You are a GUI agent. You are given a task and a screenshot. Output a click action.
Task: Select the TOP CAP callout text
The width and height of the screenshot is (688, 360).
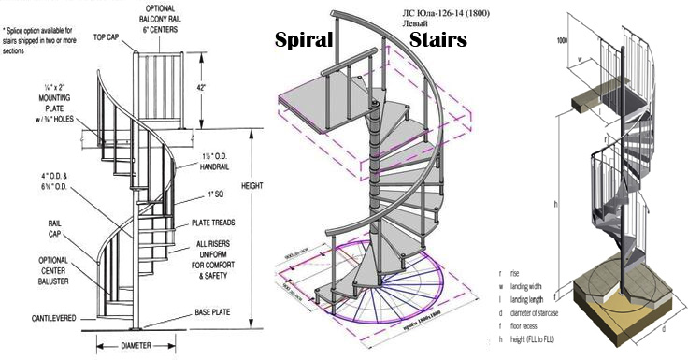pos(106,38)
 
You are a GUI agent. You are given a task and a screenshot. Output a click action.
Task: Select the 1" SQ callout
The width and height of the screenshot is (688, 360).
pos(219,194)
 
